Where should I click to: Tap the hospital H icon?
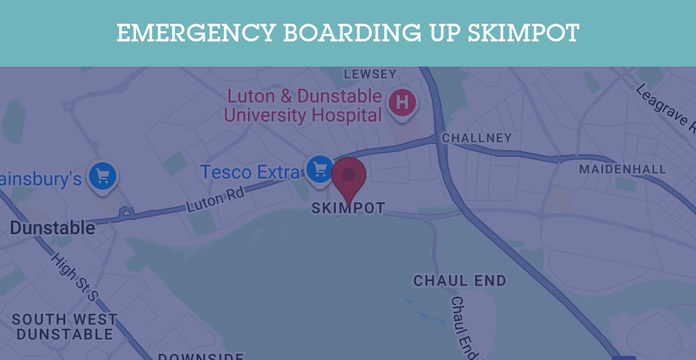click(402, 103)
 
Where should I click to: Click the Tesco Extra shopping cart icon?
click(319, 168)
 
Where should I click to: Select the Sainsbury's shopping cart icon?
click(103, 176)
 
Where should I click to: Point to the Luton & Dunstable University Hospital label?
click(303, 105)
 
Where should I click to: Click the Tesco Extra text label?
click(249, 173)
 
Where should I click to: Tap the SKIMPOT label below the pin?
click(348, 209)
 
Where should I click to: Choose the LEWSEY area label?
click(370, 74)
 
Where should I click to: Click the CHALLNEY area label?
click(476, 139)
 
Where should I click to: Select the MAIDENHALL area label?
click(623, 169)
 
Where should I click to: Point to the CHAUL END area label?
click(460, 281)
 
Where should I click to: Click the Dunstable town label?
click(52, 228)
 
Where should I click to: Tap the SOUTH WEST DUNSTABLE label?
click(65, 327)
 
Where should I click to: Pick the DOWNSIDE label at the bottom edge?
click(201, 356)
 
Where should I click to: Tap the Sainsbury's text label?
click(41, 179)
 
